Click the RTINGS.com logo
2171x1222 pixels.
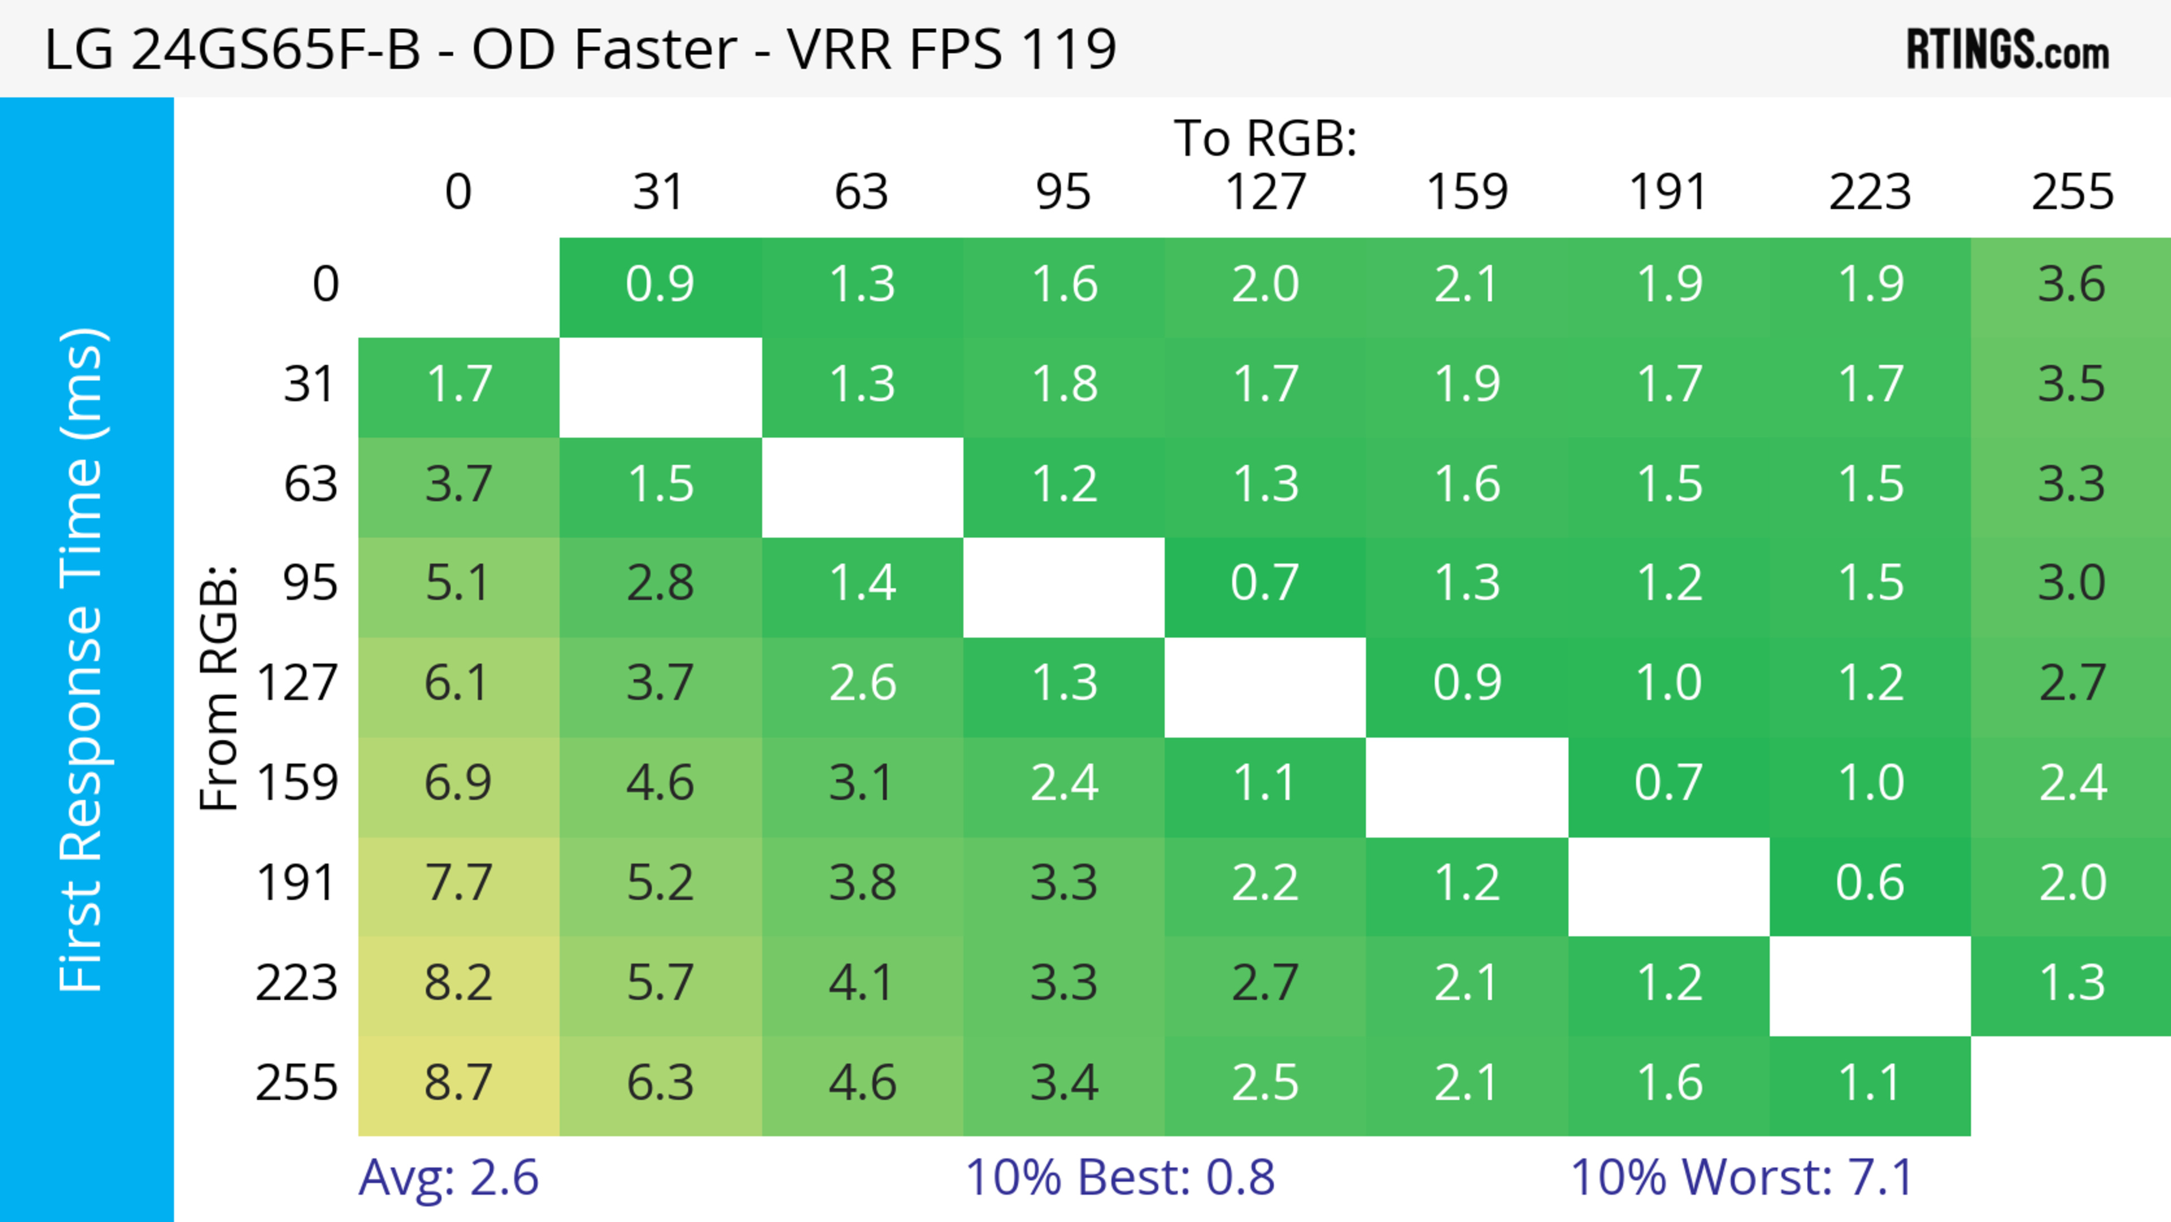2008,50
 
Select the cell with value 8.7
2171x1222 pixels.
459,1083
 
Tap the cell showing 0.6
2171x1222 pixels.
1870,884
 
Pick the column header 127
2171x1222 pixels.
1265,192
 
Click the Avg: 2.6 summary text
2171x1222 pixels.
448,1177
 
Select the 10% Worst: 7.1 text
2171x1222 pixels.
1742,1177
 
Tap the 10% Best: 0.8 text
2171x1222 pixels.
1119,1177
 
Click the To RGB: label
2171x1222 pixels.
1265,138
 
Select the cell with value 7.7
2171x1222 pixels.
459,884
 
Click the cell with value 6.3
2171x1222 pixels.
660,1083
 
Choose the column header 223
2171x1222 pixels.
1870,192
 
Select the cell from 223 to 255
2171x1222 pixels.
2071,983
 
